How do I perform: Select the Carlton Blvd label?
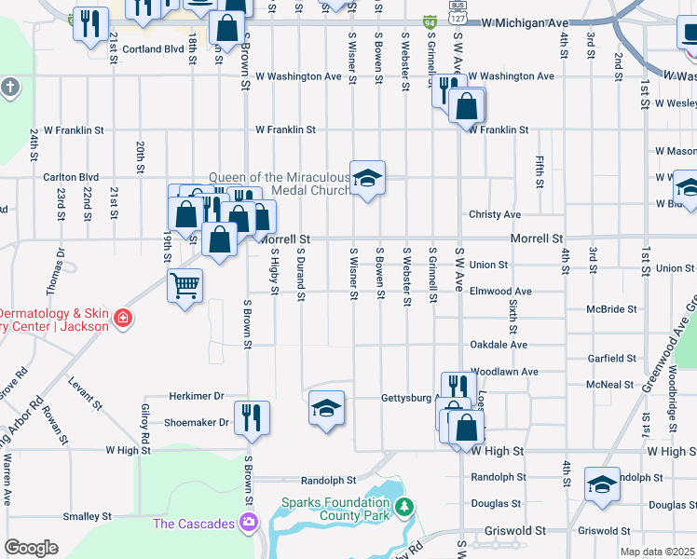tap(71, 176)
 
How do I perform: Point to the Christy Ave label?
tap(495, 214)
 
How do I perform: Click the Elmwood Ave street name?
tap(500, 292)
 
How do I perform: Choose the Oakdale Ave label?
tap(499, 345)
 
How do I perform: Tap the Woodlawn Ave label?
tap(505, 371)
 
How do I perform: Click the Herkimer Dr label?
tap(198, 396)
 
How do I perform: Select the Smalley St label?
tap(87, 515)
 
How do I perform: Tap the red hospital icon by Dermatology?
tap(122, 320)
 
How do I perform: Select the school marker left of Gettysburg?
tap(326, 408)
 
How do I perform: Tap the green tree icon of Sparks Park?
tap(403, 507)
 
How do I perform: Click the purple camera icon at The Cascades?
tap(249, 524)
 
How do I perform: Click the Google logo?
tap(31, 548)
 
